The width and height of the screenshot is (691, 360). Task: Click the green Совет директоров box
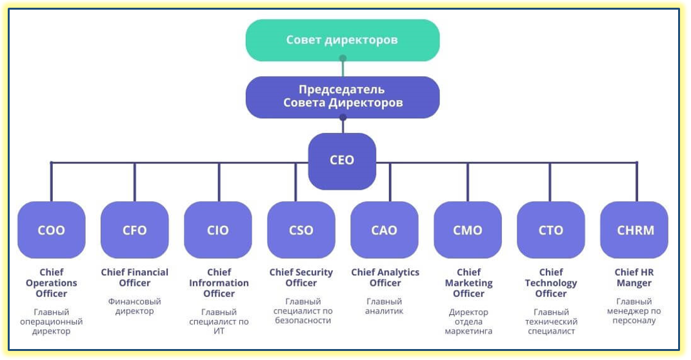tap(342, 40)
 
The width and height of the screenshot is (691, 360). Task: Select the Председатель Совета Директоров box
tap(342, 97)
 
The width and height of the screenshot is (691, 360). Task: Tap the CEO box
tap(342, 161)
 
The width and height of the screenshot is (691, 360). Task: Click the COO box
tap(52, 230)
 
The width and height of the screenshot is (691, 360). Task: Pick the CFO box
tap(135, 230)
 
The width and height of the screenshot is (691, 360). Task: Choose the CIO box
tap(218, 230)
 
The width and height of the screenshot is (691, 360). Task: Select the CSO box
tap(301, 230)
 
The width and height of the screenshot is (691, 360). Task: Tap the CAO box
tap(385, 230)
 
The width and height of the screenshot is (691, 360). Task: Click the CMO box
tap(468, 230)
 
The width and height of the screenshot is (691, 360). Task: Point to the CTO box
tap(551, 230)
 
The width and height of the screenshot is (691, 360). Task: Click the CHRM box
tap(634, 230)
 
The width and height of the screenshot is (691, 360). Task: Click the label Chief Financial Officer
tap(135, 277)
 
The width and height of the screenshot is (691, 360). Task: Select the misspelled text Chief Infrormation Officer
tap(219, 283)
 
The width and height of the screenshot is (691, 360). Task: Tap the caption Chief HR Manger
tap(635, 277)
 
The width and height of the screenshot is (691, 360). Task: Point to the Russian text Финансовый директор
tap(135, 306)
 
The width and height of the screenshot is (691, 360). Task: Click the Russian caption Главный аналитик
tap(385, 306)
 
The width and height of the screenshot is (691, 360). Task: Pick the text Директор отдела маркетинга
tap(468, 321)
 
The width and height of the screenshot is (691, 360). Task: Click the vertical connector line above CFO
tap(134, 182)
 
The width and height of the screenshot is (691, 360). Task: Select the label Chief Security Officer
tap(301, 277)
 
